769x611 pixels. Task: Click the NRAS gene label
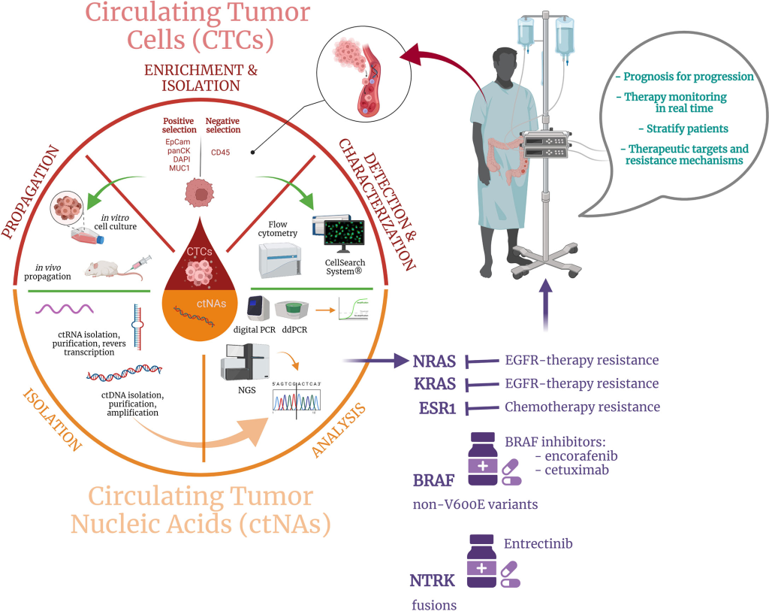coord(435,360)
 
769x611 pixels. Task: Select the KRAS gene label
coord(435,383)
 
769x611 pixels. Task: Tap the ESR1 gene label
coord(437,407)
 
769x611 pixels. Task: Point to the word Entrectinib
coord(540,543)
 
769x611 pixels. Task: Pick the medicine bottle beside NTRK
coord(482,560)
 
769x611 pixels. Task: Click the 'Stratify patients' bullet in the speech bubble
coord(682,129)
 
